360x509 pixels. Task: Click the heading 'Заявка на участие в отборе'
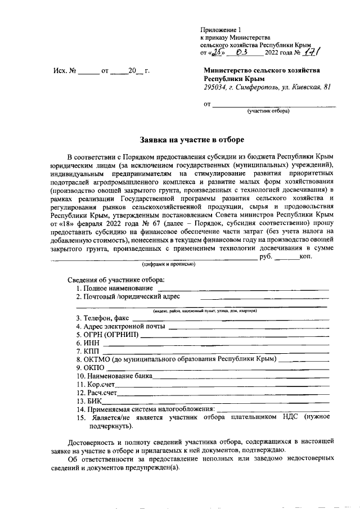[x=192, y=139]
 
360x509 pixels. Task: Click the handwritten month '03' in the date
[x=244, y=52]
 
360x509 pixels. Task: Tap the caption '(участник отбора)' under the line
[x=268, y=111]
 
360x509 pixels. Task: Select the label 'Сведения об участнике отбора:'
[x=116, y=280]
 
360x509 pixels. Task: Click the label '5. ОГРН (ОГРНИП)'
[x=106, y=335]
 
